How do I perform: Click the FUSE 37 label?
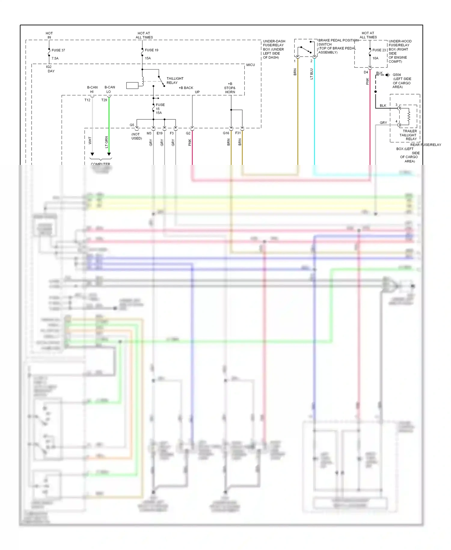click(58, 50)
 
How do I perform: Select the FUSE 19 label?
click(151, 50)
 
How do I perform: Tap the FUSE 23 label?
click(379, 50)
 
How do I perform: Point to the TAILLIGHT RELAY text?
click(175, 81)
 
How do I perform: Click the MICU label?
click(250, 65)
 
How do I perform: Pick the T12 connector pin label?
click(87, 100)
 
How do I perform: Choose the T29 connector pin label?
click(104, 100)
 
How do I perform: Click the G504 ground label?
click(397, 75)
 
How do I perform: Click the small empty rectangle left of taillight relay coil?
click(132, 85)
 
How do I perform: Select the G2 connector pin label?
click(188, 133)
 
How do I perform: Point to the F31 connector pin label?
click(238, 133)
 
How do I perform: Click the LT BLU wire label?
click(311, 74)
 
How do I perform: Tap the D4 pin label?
click(366, 72)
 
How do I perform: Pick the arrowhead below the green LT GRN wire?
click(109, 154)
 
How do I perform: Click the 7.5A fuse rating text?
click(55, 58)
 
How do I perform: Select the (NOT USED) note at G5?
click(136, 136)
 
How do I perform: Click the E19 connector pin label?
click(159, 133)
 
